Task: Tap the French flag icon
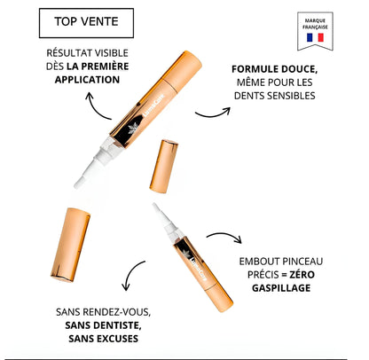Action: (316, 39)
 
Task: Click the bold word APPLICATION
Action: (86, 79)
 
